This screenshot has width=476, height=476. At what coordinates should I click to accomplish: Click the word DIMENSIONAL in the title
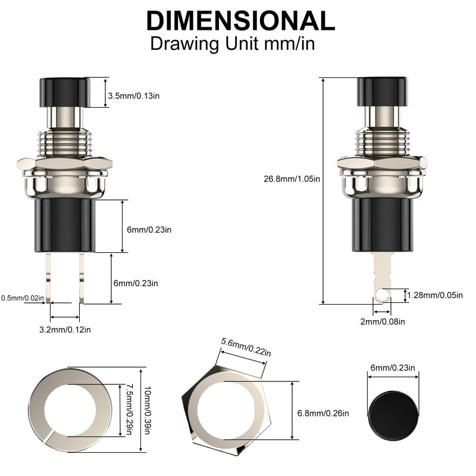pos(240,21)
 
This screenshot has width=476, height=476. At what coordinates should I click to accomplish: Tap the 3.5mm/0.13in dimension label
pos(134,95)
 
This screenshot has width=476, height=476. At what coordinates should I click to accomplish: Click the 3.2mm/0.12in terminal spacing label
pos(65,328)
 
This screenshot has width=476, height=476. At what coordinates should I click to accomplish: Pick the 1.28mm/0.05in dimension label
pos(438,295)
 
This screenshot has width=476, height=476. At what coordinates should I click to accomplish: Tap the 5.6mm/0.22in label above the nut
pos(246,347)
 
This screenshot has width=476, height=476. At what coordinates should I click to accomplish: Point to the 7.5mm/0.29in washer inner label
pos(130,409)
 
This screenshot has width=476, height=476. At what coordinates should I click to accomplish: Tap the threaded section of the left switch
pos(64,142)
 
